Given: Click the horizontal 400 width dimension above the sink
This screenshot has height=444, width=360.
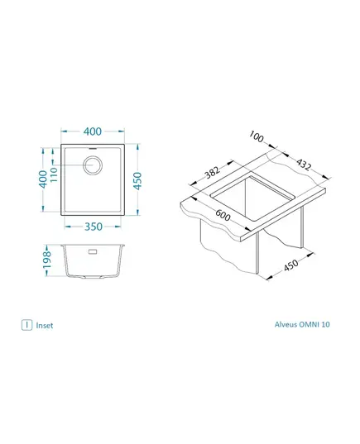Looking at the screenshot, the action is [93, 131].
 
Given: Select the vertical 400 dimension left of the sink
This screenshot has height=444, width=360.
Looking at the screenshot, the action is [43, 179].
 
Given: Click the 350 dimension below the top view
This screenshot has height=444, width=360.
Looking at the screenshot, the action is [94, 227].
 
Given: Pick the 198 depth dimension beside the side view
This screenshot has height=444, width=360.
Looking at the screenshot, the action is [46, 260].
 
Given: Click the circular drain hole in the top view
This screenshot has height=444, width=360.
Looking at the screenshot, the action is [92, 165].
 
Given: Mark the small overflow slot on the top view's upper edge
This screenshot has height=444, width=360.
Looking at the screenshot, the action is [93, 148].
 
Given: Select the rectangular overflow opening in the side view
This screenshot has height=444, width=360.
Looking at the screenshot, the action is [93, 251].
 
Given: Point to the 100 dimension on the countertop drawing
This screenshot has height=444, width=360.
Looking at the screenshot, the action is [257, 136].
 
